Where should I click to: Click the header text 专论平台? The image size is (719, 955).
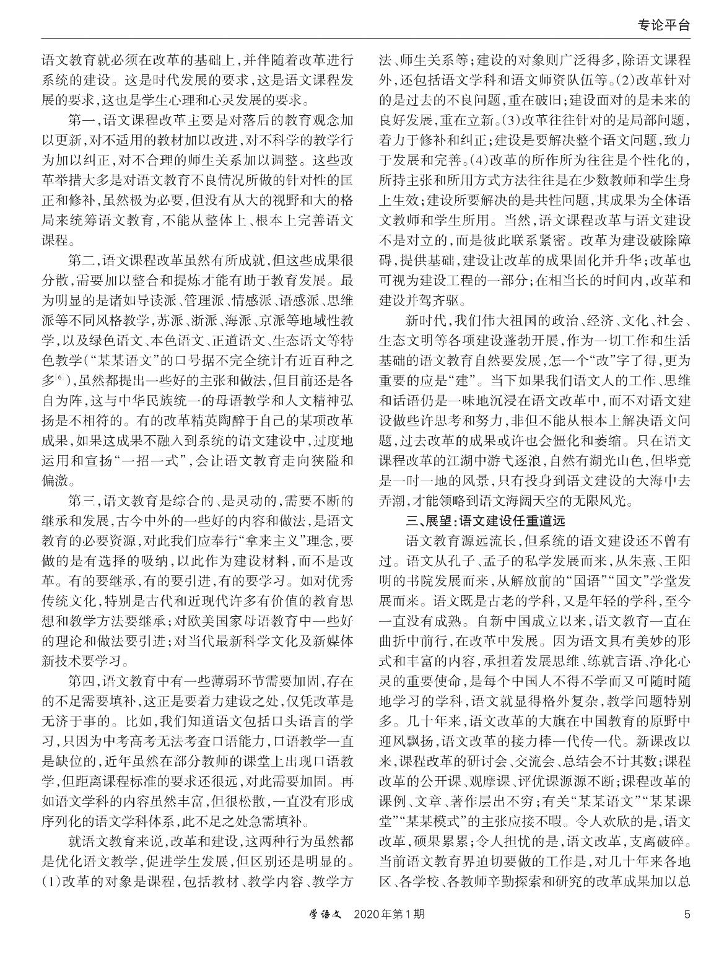pyautogui.click(x=663, y=25)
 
